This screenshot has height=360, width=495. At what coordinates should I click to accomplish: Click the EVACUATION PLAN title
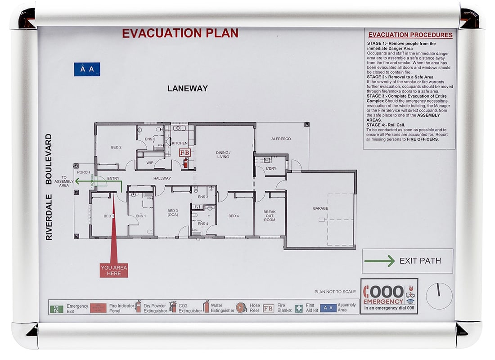coord(180,33)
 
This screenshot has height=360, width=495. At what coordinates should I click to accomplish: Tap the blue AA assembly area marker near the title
coord(87,69)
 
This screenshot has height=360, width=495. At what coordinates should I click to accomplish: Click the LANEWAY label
coord(187,89)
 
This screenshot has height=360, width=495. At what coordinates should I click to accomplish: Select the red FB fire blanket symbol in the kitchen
coord(184,153)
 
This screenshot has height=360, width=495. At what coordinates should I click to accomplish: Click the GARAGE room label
coord(320,208)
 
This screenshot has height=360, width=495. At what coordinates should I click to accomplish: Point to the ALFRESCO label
coord(281,139)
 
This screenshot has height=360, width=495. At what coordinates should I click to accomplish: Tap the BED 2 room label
coord(116,147)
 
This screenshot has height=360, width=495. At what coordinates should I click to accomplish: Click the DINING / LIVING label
coord(223,154)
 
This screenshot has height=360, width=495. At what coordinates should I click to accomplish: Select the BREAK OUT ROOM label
coord(269,216)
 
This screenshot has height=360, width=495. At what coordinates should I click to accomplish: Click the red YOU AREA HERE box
coord(114,270)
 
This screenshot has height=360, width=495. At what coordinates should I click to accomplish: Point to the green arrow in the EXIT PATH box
coord(379,261)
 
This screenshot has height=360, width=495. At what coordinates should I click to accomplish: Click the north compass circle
coord(438,296)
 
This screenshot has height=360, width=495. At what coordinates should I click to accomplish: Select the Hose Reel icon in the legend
coord(242,307)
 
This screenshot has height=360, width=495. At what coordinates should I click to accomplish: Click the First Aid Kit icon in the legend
coord(299,308)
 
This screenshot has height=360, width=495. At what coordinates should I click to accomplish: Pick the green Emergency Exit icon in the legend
coord(57,309)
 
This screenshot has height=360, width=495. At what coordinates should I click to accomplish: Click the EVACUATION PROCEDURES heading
coord(410,35)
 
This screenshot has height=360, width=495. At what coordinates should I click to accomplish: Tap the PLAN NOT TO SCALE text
coord(335,292)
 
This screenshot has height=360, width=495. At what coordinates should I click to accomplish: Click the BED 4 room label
coord(233,216)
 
